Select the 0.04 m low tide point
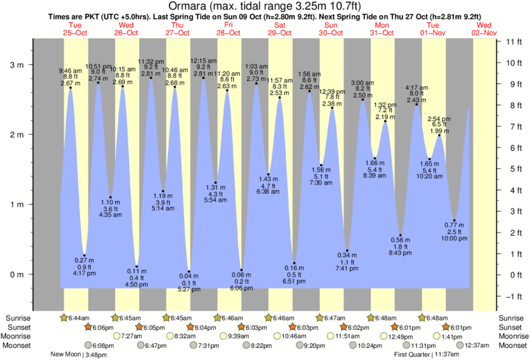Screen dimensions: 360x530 (x=189, y=272)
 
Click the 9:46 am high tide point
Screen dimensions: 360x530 (x=70, y=87)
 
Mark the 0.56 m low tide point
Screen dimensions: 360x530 (x=400, y=235)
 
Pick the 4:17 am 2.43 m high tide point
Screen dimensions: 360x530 (x=416, y=104)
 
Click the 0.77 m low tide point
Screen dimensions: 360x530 (x=454, y=220)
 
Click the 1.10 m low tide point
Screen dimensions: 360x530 (x=110, y=198)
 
